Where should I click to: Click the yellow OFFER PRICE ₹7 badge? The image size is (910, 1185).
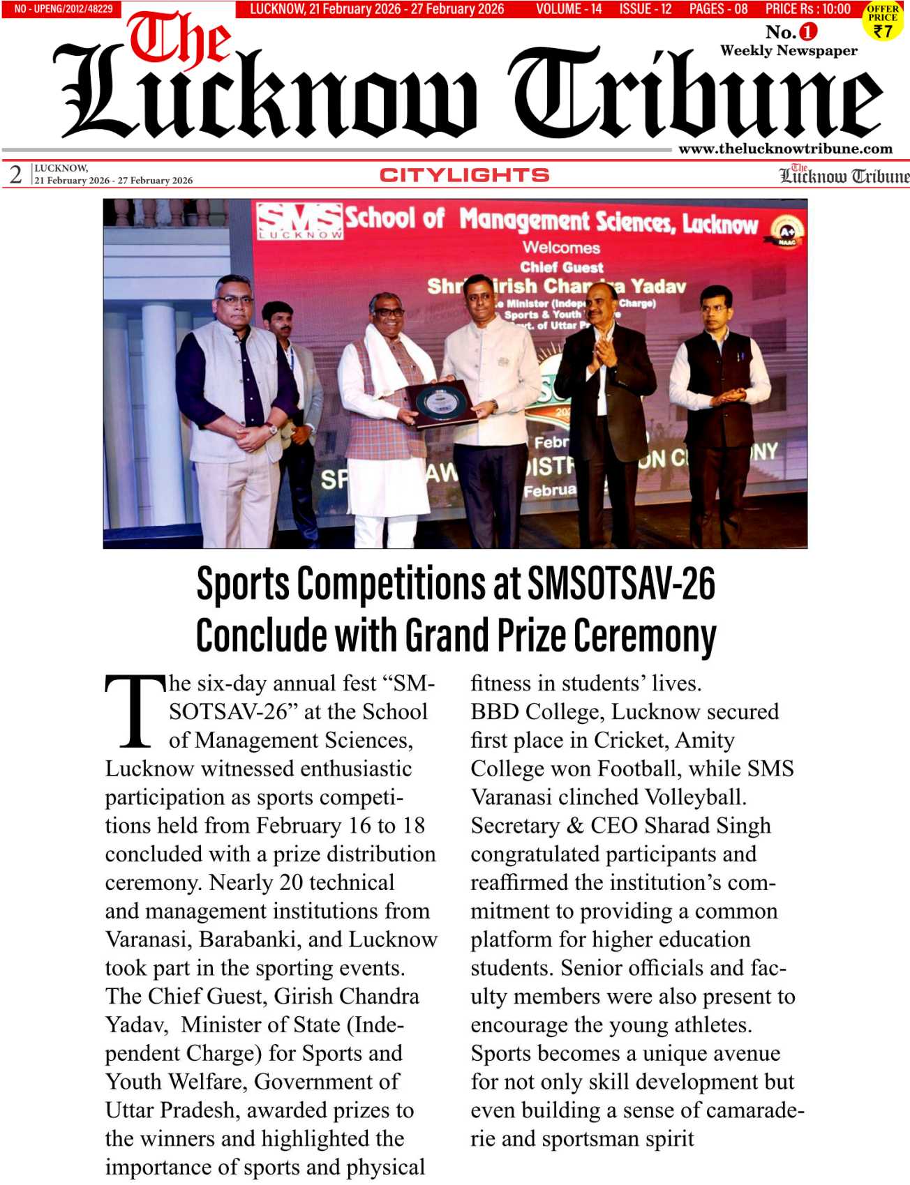[x=883, y=22]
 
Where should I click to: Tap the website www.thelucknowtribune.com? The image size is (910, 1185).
[x=785, y=149]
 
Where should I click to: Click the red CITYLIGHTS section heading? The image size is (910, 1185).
[x=464, y=175]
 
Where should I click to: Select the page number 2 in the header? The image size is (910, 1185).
[x=15, y=174]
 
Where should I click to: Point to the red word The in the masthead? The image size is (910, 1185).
[x=178, y=39]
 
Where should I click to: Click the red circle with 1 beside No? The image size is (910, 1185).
[x=807, y=31]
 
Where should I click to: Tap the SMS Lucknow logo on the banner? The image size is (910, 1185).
[x=300, y=220]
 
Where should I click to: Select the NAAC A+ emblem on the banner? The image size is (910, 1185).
[x=787, y=231]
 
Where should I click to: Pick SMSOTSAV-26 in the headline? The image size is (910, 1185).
[x=621, y=584]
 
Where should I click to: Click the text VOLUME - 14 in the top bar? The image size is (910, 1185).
[x=569, y=9]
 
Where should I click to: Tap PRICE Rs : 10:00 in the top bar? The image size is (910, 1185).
[x=807, y=9]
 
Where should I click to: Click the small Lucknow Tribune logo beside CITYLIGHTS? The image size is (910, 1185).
[x=844, y=175]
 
